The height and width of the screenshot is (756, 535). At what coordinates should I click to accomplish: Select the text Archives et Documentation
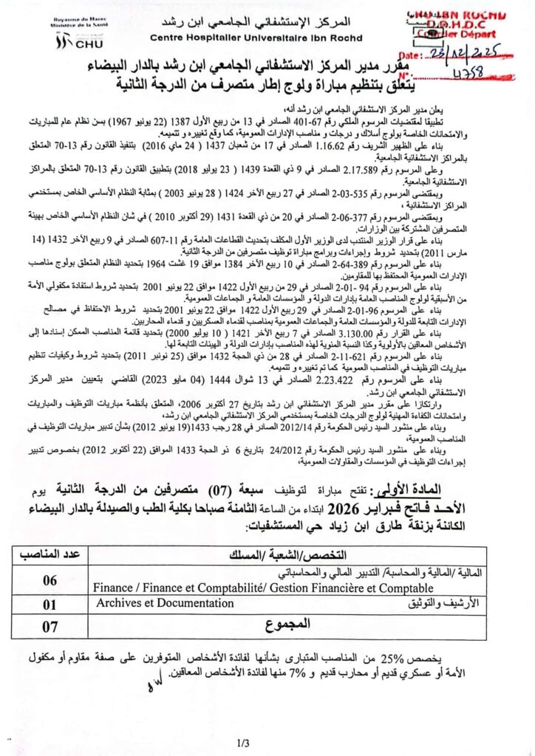(x=164, y=603)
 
